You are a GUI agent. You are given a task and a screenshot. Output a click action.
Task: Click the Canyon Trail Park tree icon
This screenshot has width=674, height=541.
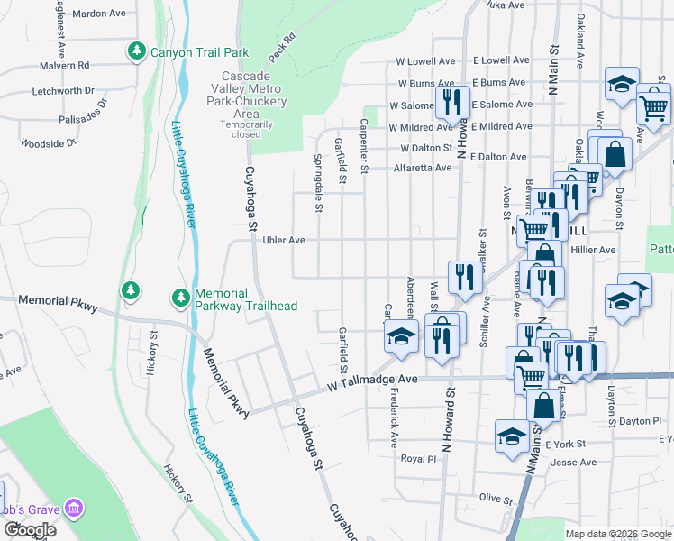pos(136,51)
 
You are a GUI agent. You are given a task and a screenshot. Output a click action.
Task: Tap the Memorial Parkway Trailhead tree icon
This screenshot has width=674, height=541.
pos(180,297)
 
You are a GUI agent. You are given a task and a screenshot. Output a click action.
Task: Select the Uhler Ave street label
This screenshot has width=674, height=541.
pos(284,241)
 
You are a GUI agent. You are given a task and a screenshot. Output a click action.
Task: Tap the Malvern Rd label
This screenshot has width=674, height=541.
pos(65,66)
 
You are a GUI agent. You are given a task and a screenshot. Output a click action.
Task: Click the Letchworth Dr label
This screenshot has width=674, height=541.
pos(63,91)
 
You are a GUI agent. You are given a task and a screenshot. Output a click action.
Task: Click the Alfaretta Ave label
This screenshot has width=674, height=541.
pos(423,168)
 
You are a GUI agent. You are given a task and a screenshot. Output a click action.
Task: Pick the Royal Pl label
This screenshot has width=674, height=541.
pos(418,458)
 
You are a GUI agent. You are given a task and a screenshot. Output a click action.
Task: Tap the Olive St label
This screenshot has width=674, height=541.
pos(496,498)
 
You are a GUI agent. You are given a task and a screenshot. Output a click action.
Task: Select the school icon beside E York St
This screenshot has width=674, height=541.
pos(512,436)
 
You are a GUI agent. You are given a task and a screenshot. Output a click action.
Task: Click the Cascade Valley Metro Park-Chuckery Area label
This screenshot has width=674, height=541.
pos(246,95)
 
